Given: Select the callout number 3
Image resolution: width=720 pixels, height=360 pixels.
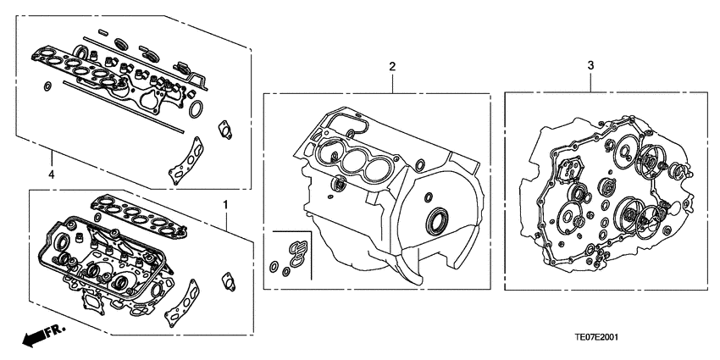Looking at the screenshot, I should point(590,64).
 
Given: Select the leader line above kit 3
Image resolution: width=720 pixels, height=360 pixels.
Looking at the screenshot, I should point(590,81).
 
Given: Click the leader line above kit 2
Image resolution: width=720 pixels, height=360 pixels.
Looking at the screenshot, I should point(392,82).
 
